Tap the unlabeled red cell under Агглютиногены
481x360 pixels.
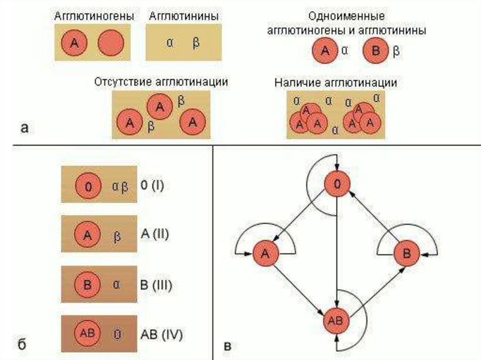click(x=111, y=43)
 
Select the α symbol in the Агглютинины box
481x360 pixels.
click(x=171, y=42)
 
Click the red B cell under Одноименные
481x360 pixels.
click(x=375, y=51)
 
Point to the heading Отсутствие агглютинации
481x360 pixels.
click(x=161, y=82)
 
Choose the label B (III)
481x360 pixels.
click(x=156, y=284)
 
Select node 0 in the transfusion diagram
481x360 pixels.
click(x=337, y=185)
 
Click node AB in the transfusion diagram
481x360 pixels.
click(x=336, y=321)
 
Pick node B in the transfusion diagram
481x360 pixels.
click(x=406, y=253)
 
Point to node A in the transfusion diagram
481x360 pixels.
click(x=266, y=253)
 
